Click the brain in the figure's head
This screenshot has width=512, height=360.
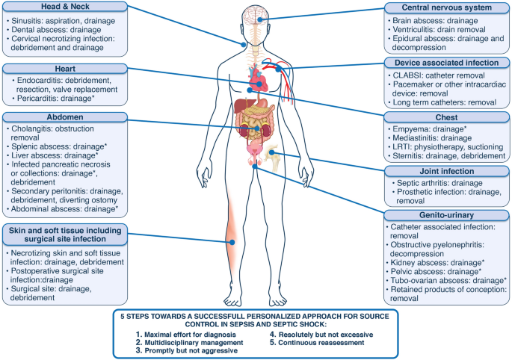[x=255, y=14]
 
